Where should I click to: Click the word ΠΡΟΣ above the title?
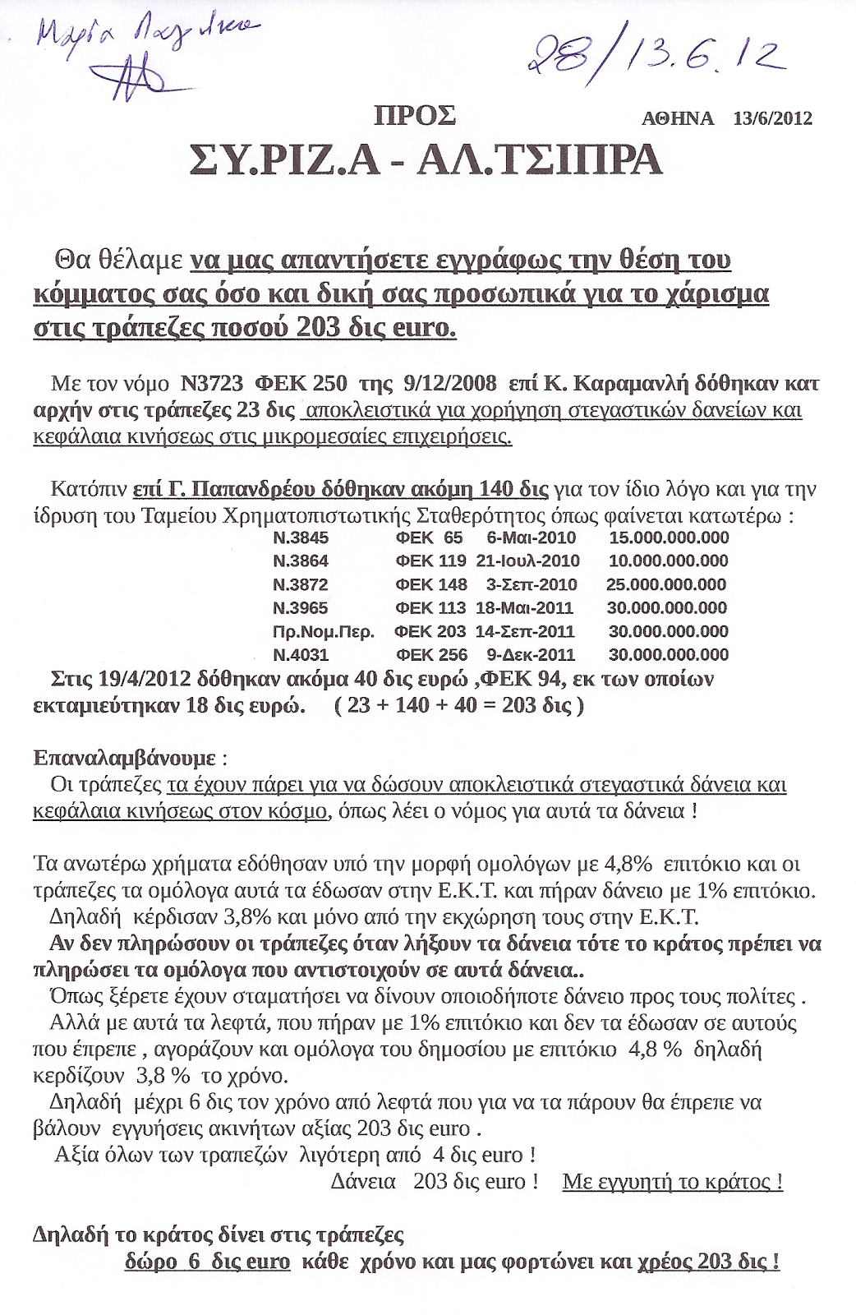coord(415,116)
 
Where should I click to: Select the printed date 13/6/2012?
coord(772,118)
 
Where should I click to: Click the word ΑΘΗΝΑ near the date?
coord(678,118)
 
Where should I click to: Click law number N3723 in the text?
coord(211,383)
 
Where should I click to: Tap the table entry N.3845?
coord(301,538)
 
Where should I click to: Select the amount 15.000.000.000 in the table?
coord(669,538)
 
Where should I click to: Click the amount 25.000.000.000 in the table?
coord(666,584)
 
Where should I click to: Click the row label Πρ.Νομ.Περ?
coord(323,631)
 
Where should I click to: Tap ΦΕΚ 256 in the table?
coord(431,655)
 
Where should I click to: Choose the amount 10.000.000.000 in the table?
coord(668,561)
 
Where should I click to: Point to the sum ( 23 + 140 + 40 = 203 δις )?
coord(459,705)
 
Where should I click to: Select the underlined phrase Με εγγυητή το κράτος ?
coord(672,1182)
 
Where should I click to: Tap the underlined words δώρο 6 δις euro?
coord(208,1261)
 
